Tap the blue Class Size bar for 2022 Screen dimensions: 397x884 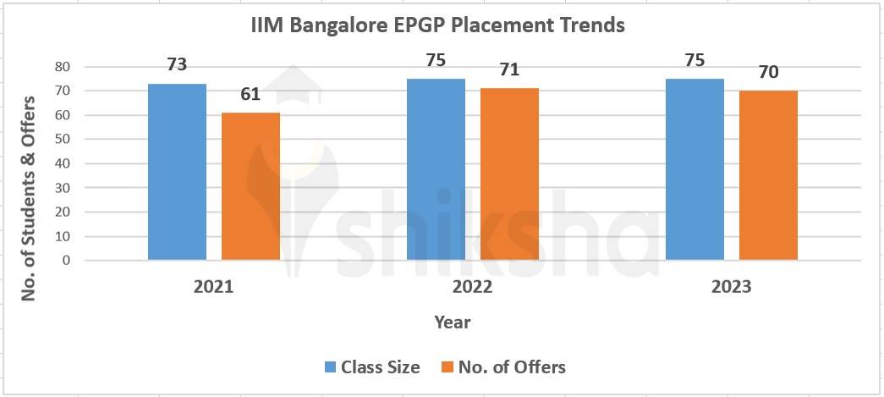point(436,169)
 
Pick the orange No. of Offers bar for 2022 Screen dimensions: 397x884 point(509,174)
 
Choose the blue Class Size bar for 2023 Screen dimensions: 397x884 point(695,169)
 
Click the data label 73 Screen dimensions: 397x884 point(177,65)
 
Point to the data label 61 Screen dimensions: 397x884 point(250,94)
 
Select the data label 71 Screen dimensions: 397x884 point(509,69)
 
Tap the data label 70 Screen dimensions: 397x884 point(768,72)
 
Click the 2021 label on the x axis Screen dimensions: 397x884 point(213,287)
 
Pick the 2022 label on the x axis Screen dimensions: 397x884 point(472,287)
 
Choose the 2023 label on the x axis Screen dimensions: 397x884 point(731,287)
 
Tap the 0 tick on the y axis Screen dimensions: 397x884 point(65,261)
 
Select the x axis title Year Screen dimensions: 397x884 point(453,323)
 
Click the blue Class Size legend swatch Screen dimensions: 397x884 point(331,367)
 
